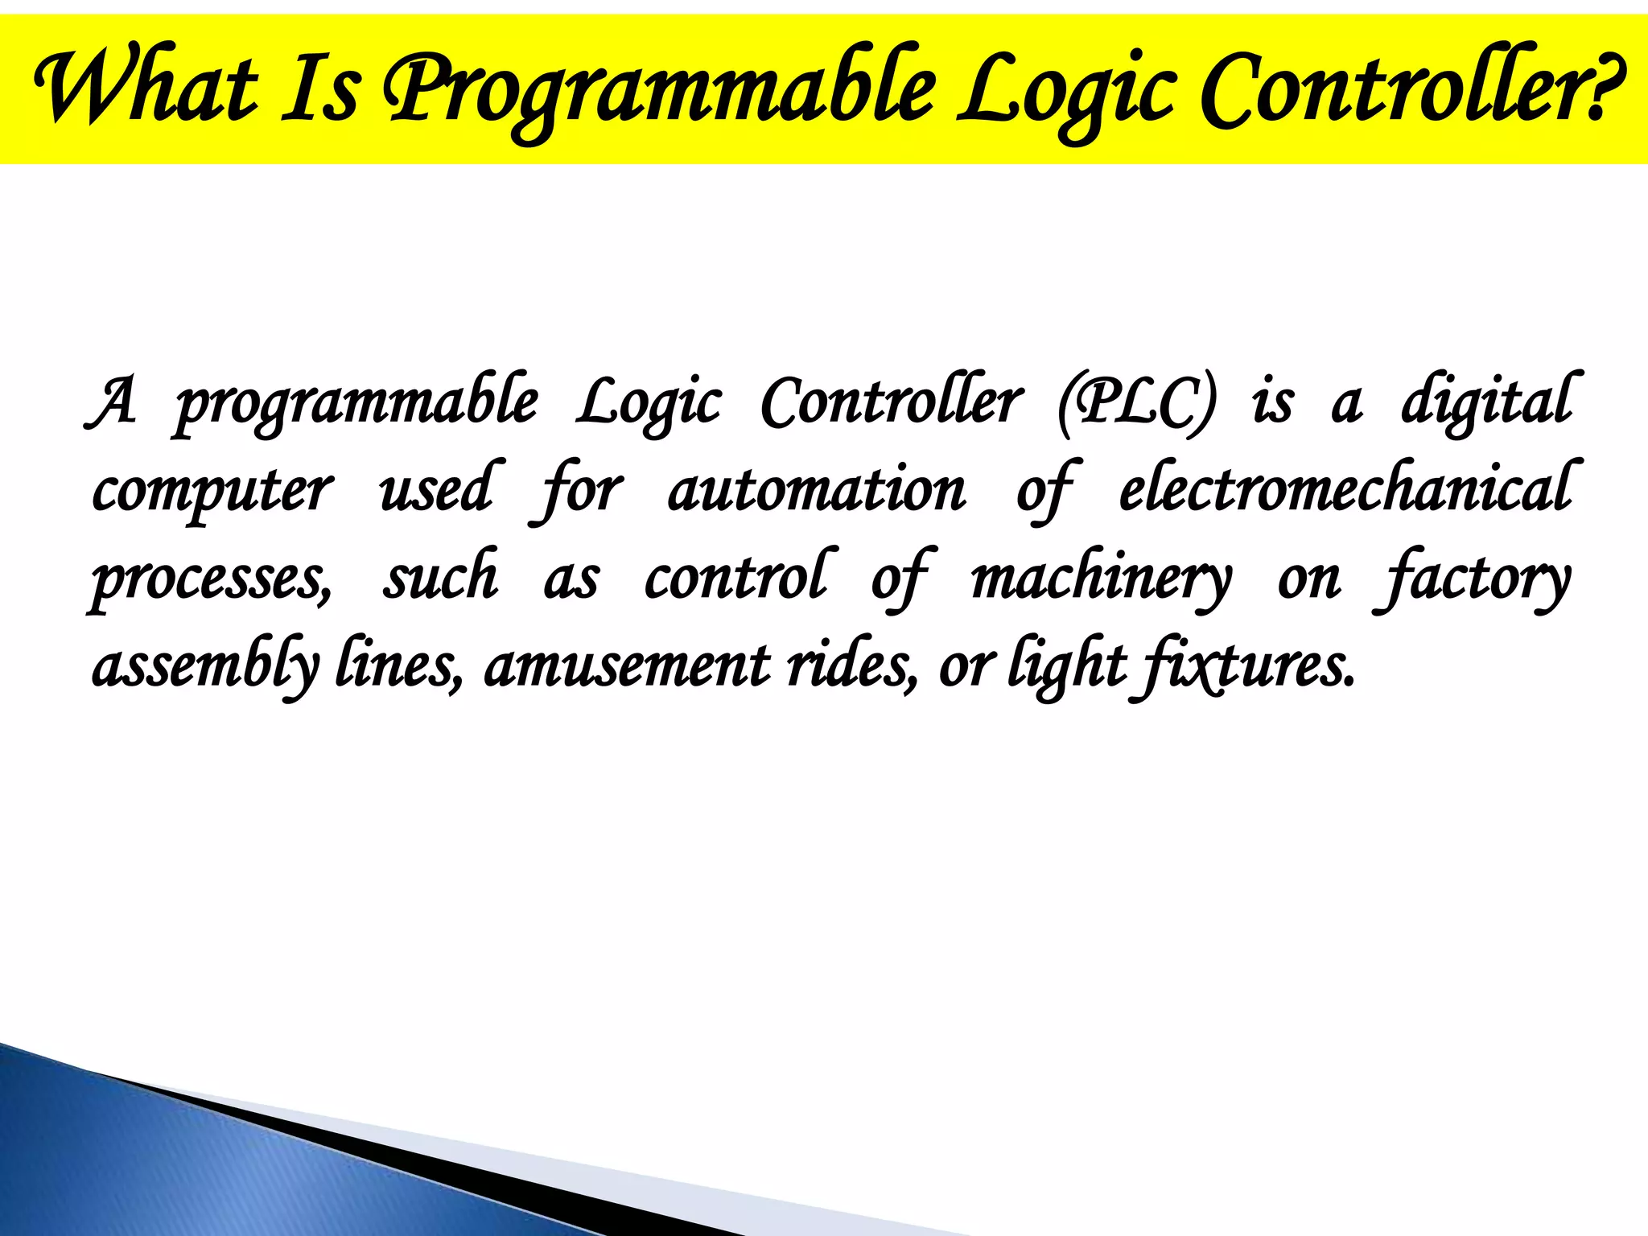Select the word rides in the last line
(851, 666)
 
